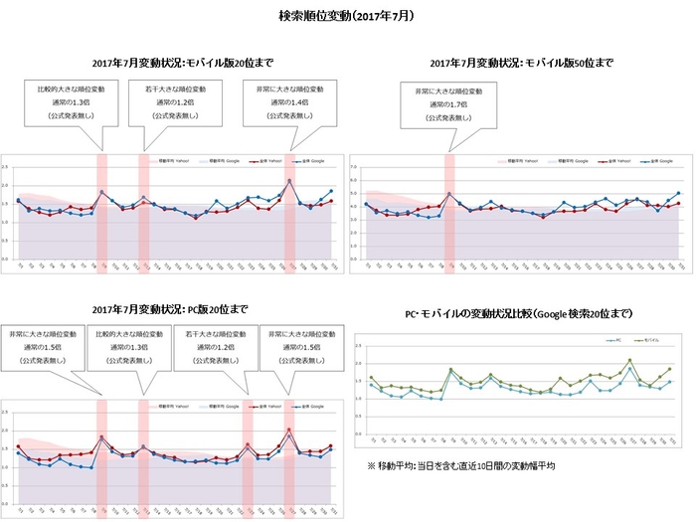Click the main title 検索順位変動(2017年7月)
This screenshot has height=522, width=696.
[347, 17]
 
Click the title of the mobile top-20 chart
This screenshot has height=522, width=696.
[174, 63]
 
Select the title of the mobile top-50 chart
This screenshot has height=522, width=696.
[521, 63]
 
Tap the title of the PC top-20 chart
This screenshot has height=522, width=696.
[174, 309]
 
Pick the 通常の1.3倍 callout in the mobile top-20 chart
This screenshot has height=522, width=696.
[67, 104]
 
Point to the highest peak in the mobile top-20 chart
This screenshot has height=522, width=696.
[289, 180]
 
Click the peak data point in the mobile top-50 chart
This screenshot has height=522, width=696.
[449, 193]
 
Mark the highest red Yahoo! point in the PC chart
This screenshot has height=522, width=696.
[289, 430]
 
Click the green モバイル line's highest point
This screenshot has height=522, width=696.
[629, 360]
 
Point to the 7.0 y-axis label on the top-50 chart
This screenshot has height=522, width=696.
[356, 164]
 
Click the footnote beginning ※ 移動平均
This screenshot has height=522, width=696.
[460, 464]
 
